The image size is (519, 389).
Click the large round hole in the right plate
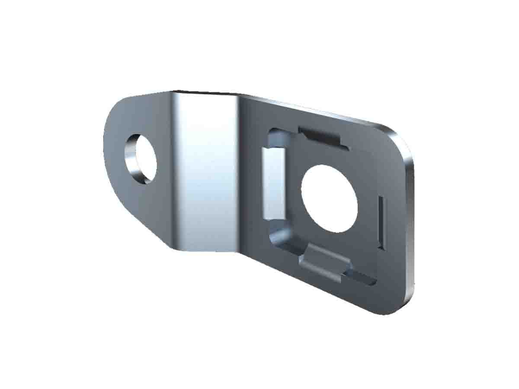329,199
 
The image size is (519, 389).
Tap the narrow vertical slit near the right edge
380,222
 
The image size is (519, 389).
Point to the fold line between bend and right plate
239,173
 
